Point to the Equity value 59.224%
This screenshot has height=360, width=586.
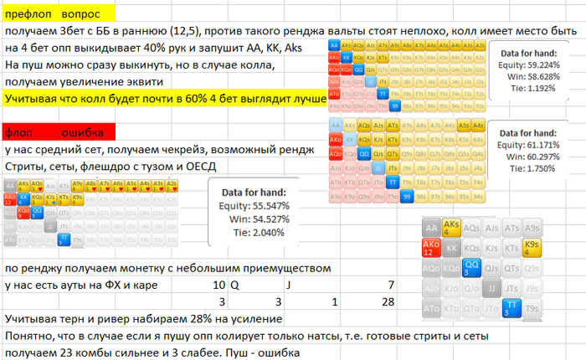pos(536,64)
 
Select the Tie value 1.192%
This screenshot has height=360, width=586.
pos(537,87)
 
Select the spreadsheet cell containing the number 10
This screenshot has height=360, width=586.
pos(219,285)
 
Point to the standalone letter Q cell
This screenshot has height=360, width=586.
pos(234,285)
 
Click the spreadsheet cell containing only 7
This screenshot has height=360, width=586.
pos(391,285)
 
